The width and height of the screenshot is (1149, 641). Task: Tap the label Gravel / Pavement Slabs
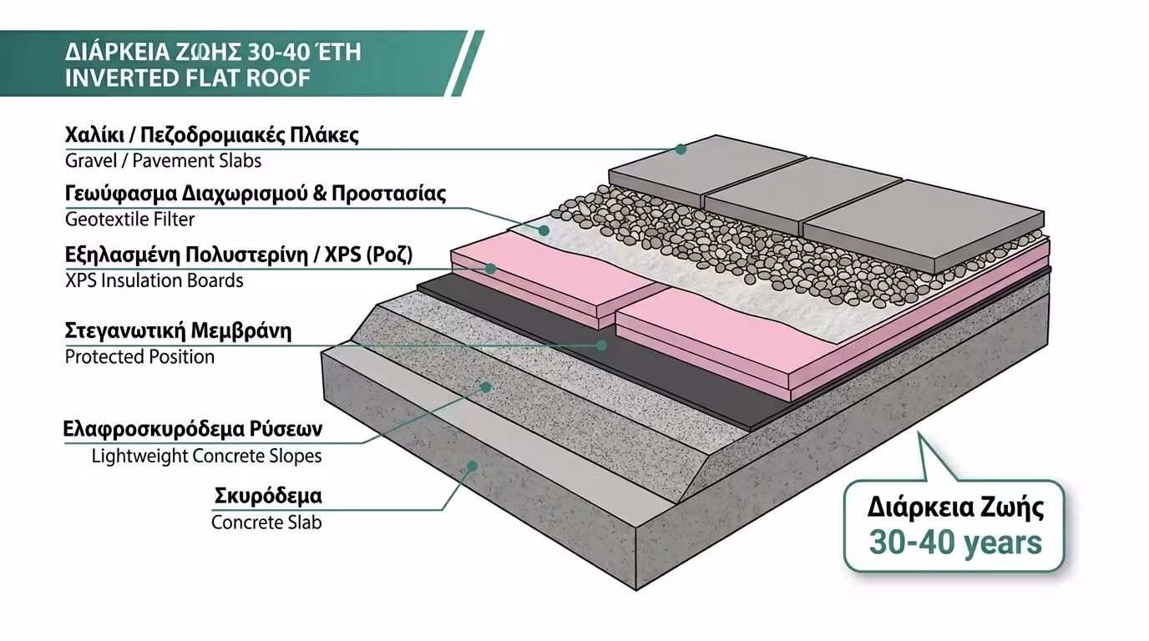click(163, 160)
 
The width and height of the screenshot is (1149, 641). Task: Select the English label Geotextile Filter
click(129, 220)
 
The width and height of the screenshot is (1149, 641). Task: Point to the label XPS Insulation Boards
click(154, 280)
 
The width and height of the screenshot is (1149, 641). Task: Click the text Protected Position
click(139, 357)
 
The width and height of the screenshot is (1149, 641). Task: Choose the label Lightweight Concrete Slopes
click(206, 457)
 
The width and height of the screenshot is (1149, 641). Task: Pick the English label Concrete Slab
click(266, 523)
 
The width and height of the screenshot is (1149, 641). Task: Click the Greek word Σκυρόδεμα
click(268, 497)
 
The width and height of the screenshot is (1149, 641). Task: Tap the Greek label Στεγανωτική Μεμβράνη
click(178, 331)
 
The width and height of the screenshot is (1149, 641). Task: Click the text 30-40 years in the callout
click(955, 543)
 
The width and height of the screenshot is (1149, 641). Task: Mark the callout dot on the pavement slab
click(681, 149)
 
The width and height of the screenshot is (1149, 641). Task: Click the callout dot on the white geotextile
click(544, 229)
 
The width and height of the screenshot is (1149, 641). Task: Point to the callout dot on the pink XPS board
click(491, 269)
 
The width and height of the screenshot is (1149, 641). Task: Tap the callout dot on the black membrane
click(602, 344)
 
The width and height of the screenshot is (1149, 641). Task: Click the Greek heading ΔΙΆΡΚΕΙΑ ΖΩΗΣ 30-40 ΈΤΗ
click(213, 52)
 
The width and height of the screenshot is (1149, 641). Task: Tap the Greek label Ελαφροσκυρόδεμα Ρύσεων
click(193, 431)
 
